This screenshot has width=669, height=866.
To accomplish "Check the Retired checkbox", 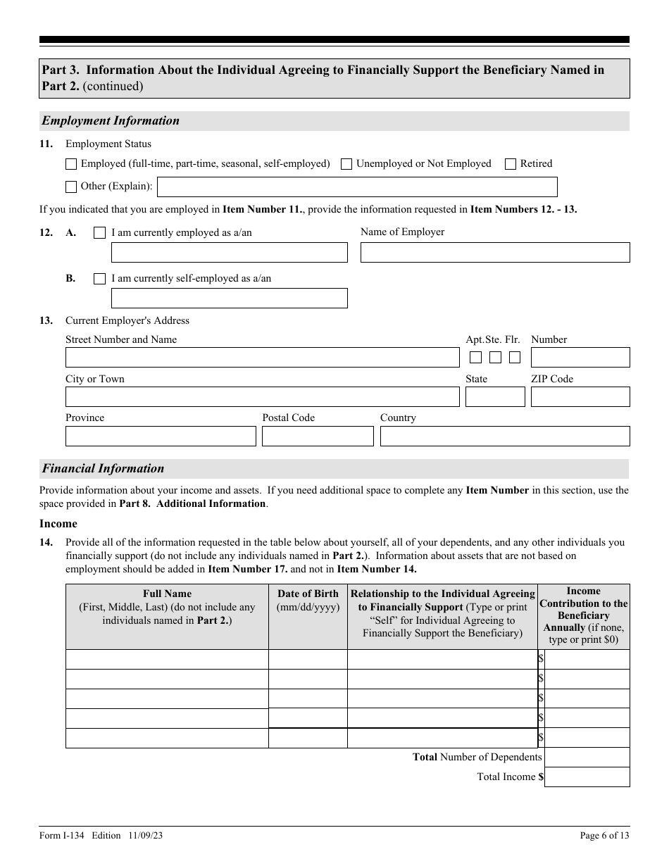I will [511, 164].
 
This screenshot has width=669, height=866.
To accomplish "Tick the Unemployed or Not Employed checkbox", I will [346, 164].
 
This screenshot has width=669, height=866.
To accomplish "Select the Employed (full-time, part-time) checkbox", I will [71, 164].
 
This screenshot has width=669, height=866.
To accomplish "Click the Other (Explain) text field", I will [357, 187].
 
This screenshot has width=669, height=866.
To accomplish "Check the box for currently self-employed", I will [99, 279].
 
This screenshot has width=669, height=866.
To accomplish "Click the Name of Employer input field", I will [494, 253].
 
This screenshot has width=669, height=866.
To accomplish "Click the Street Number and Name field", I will [262, 358].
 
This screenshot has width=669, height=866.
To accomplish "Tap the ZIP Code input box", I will [580, 397].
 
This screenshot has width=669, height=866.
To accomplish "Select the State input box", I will [494, 397].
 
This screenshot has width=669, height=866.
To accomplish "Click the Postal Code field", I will [317, 437].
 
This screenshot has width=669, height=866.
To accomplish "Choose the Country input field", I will [504, 437].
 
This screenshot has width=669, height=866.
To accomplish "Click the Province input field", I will [161, 437].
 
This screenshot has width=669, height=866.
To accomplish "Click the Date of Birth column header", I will [308, 600].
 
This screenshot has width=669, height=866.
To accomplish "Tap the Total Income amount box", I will [587, 777].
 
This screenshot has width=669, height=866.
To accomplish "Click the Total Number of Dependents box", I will [587, 758].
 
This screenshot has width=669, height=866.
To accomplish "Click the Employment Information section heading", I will [111, 121].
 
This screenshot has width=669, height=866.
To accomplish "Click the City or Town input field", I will [262, 397].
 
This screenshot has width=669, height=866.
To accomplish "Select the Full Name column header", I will [167, 607].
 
